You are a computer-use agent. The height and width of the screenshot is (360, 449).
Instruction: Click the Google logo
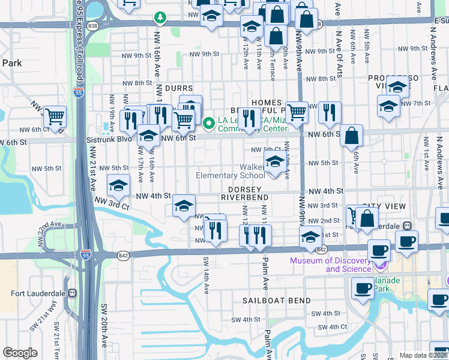(x=20, y=353)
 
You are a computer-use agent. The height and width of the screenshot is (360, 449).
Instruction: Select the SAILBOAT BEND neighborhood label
(x=277, y=300)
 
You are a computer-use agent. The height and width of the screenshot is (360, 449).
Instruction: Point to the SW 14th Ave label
(x=205, y=274)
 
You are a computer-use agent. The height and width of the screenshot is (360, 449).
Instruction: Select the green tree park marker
(x=160, y=17)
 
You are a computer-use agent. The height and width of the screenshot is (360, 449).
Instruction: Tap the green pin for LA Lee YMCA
(x=209, y=124)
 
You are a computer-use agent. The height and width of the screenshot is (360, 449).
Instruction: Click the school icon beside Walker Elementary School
(x=274, y=162)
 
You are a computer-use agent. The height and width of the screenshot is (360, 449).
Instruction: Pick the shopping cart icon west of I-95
(x=55, y=115)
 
